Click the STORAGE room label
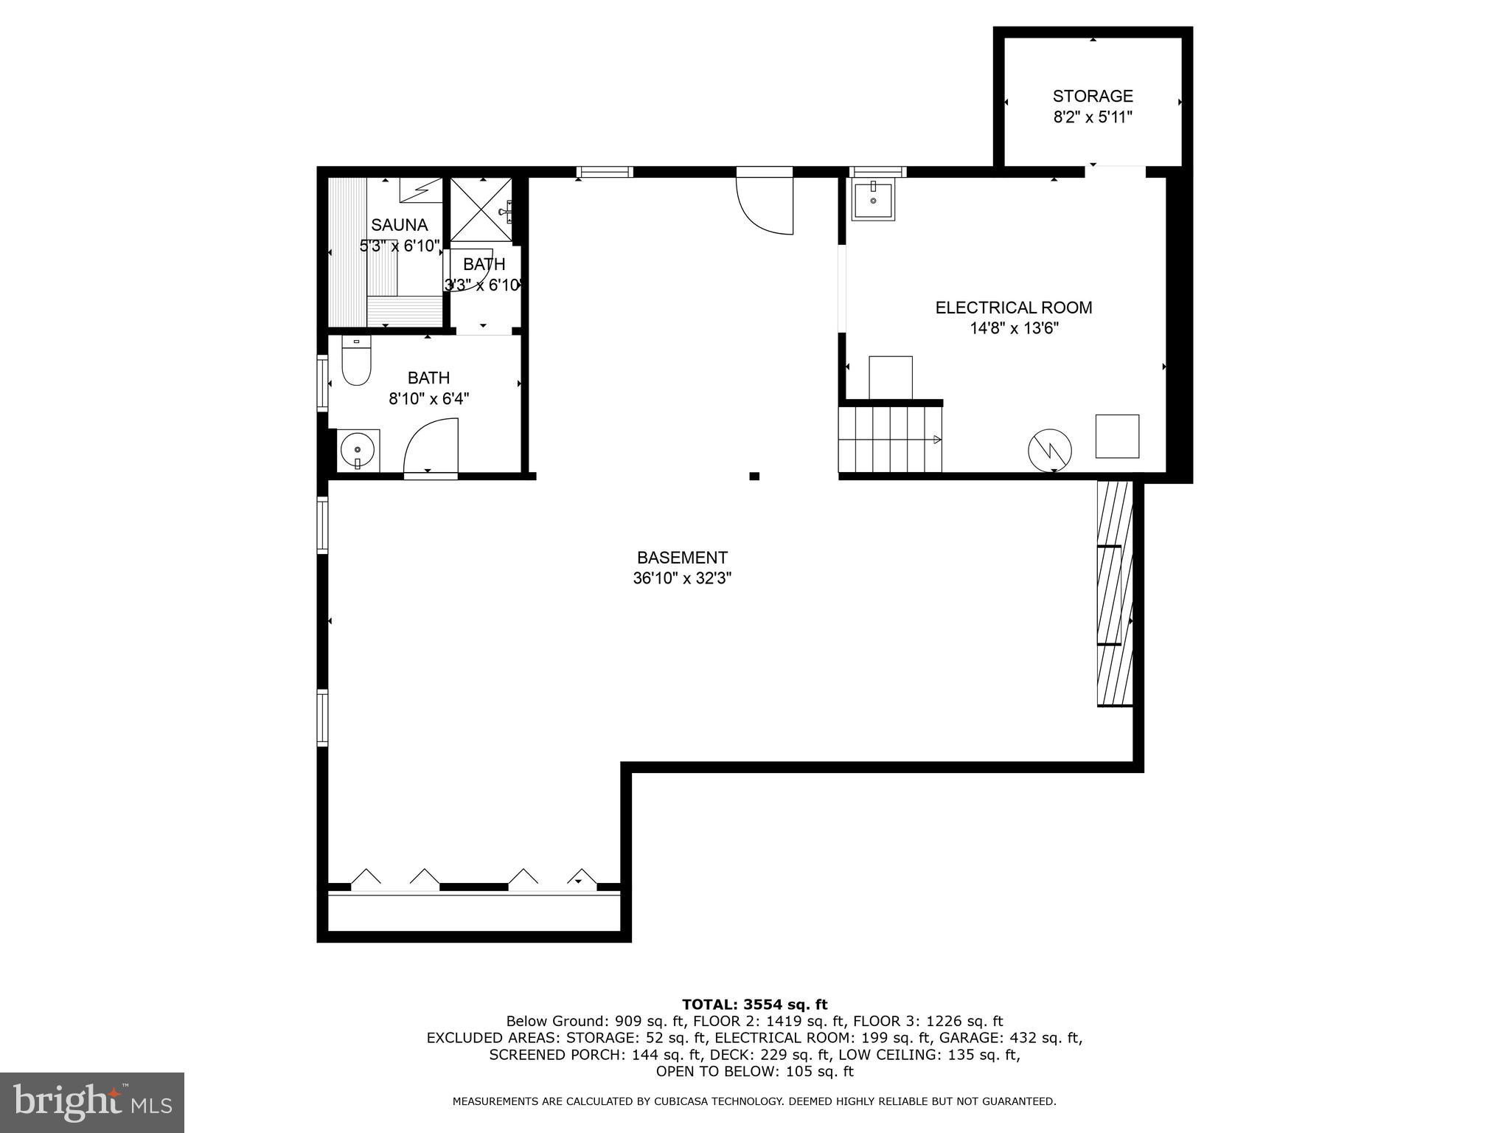1092,96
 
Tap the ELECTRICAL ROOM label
1014,308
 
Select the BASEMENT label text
682,558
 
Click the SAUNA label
399,225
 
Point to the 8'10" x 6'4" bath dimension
428,399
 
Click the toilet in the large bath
356,363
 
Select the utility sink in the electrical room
873,201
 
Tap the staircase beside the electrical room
891,440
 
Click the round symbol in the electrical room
1050,450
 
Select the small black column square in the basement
754,477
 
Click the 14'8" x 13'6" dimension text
1014,328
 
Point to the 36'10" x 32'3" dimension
682,578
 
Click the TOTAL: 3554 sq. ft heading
754,1004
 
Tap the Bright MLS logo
92,1102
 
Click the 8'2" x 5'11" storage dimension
1092,117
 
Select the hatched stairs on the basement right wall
1114,594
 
